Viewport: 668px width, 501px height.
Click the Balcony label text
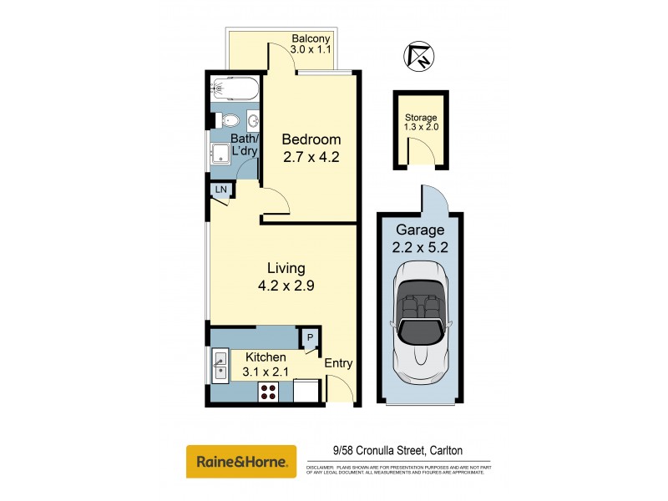pyautogui.click(x=311, y=38)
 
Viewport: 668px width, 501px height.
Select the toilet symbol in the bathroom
pyautogui.click(x=225, y=120)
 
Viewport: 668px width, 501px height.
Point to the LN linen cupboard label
pyautogui.click(x=220, y=190)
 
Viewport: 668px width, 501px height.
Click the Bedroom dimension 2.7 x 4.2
pyautogui.click(x=311, y=155)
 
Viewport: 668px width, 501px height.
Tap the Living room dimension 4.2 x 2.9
pyautogui.click(x=286, y=285)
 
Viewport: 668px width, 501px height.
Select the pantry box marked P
pyautogui.click(x=310, y=337)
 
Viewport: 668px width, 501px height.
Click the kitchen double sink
pyautogui.click(x=220, y=366)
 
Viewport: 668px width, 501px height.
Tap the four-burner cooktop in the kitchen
pyautogui.click(x=270, y=391)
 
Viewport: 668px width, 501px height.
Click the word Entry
pyautogui.click(x=338, y=363)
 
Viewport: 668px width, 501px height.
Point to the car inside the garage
pyautogui.click(x=423, y=314)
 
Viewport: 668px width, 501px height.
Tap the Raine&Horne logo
pyautogui.click(x=240, y=461)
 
